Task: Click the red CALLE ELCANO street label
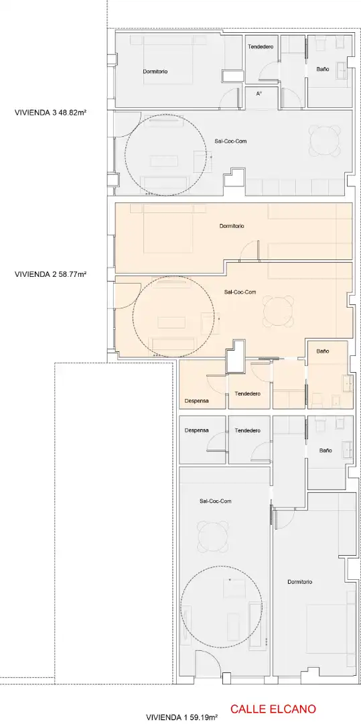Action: point(273,709)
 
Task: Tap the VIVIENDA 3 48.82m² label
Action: point(51,112)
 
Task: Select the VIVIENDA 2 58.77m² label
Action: point(51,274)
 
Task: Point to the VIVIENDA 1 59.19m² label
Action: point(182,717)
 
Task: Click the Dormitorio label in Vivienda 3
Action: point(155,72)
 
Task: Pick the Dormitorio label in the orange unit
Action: point(232,227)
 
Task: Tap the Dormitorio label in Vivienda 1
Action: point(299,582)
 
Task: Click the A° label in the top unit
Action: point(259,94)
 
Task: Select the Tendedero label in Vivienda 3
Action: point(261,47)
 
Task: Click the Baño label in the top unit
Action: point(323,69)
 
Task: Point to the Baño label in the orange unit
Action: point(323,351)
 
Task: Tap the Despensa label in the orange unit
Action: point(196,402)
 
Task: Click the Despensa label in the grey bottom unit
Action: point(196,430)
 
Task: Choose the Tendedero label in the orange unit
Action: point(248,394)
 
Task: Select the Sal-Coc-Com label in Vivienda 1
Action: point(215,501)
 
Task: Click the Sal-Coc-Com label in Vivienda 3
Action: point(230,141)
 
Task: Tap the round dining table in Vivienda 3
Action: point(325,141)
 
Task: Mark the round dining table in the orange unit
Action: point(279,312)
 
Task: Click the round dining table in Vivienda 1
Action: point(213,536)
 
